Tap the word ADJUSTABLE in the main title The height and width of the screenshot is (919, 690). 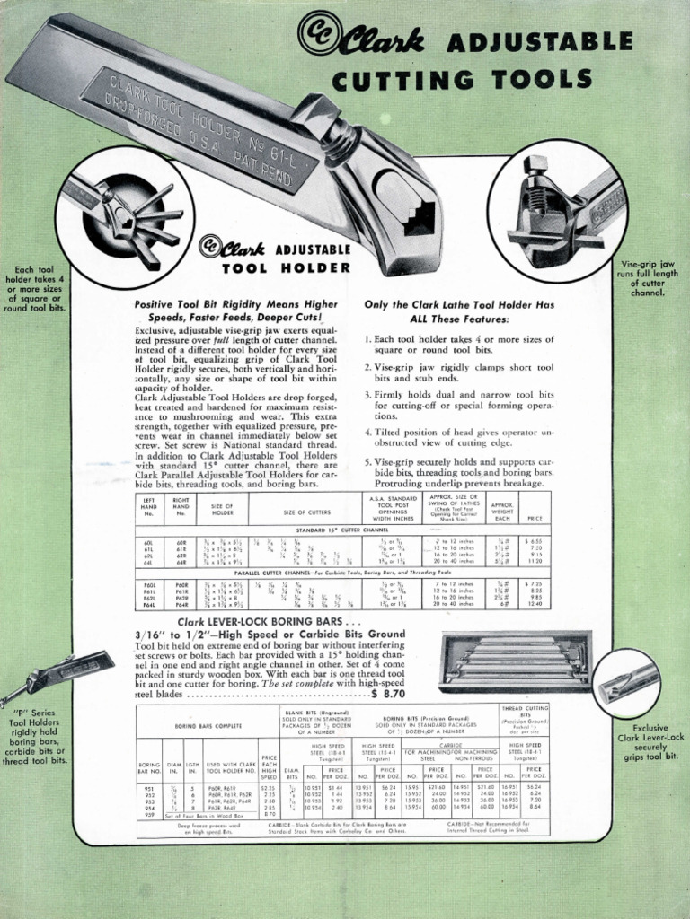[539, 42]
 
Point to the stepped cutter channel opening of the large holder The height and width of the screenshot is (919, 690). [415, 214]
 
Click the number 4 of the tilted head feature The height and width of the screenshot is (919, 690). [368, 433]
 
